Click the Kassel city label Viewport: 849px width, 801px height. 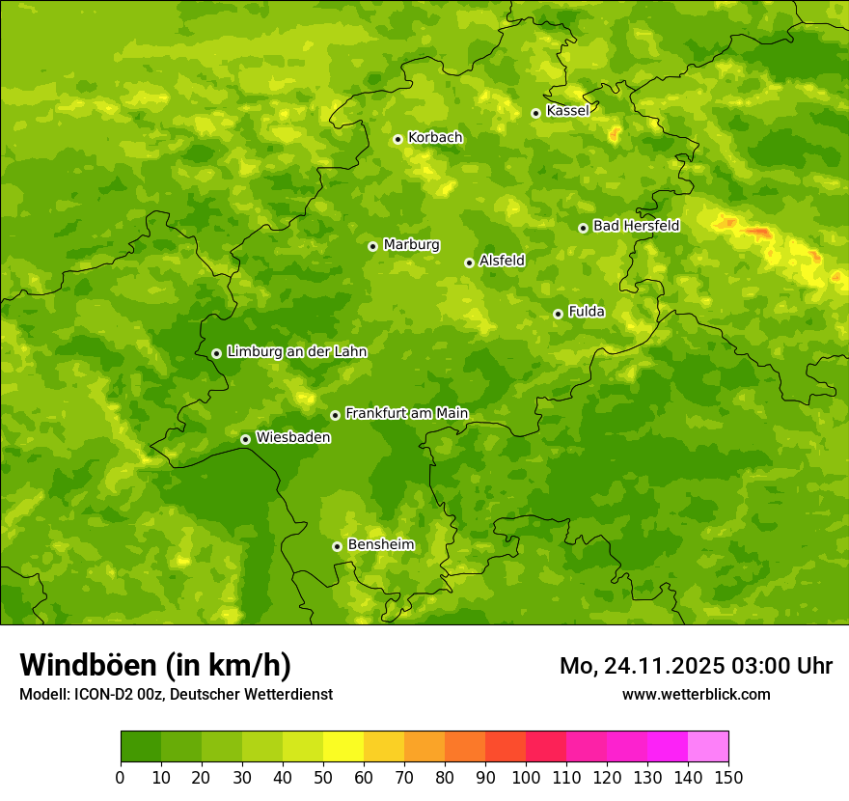coord(567,111)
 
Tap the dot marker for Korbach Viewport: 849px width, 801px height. coord(397,139)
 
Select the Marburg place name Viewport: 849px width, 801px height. coord(411,245)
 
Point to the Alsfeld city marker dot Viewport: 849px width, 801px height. coord(469,262)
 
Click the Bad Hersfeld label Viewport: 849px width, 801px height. coord(636,226)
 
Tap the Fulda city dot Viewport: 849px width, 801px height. coord(558,314)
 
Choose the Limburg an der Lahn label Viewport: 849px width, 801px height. coord(296,352)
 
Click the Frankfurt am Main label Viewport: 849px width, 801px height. coord(406,414)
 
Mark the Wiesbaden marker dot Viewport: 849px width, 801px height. coord(245,439)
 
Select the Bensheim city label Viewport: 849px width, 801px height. coord(380,545)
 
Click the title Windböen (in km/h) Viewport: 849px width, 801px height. coord(155,665)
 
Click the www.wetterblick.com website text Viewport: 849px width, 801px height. coord(696,694)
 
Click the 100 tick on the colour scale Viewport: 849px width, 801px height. coord(525,777)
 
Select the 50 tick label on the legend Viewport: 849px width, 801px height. coord(322,777)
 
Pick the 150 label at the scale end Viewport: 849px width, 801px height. coord(727,777)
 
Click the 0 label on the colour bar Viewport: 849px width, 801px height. coord(121,777)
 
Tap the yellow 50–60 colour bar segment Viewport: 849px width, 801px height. coord(343,747)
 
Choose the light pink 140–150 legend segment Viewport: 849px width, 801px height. coord(708,747)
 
